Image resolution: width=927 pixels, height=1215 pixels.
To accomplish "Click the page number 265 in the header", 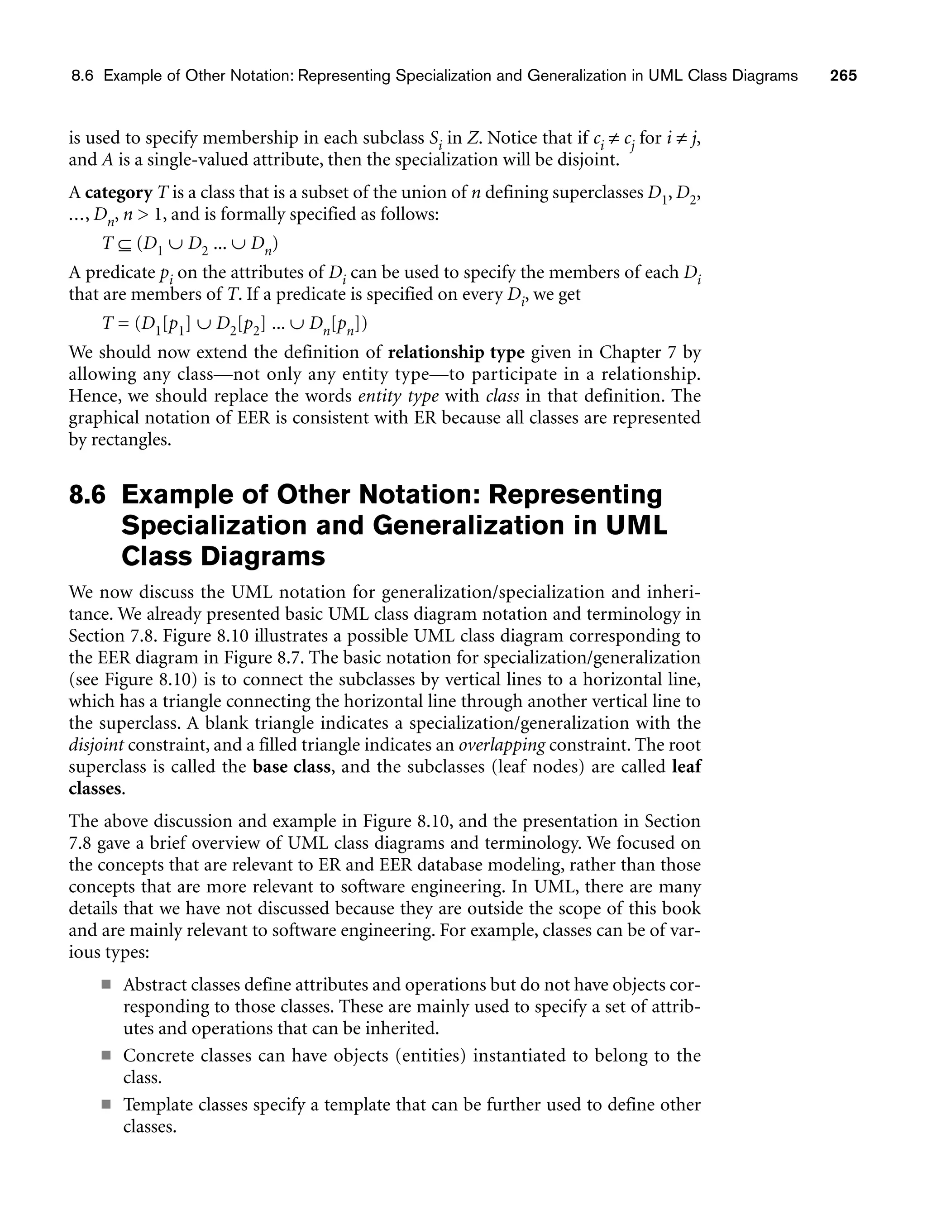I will [x=843, y=76].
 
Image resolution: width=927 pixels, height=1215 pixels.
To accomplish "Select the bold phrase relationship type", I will [x=456, y=352].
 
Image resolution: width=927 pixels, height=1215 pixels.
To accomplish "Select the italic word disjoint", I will [x=96, y=745].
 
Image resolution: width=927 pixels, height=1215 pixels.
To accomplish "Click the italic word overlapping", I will [x=502, y=745].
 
